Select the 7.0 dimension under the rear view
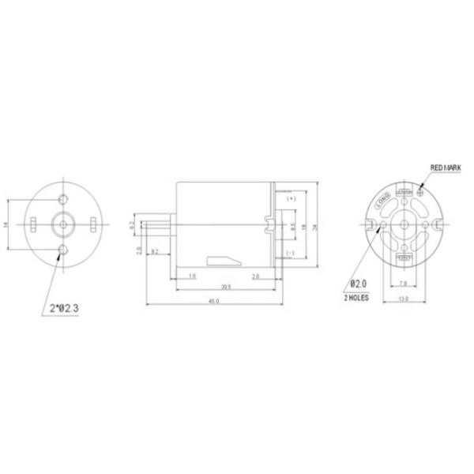pos(404,284)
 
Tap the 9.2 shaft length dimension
pos(155,252)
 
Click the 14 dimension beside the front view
pos(6,225)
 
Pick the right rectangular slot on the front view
pos(92,225)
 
